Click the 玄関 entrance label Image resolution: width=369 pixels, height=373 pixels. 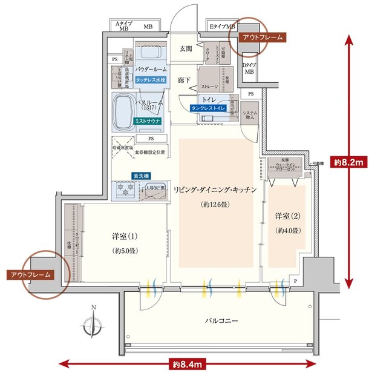pos(185,49)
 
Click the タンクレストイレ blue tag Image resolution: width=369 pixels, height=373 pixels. pos(208,108)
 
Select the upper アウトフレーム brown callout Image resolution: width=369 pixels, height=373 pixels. pos(262,38)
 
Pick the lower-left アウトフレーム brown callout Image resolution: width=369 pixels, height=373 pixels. pos(30,274)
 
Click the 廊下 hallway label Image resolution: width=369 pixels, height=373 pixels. pos(185,79)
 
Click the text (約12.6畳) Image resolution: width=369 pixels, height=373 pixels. pos(216,205)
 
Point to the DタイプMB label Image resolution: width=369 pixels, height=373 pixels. pos(248,68)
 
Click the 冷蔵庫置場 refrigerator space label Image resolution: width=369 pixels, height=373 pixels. pos(123,147)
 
